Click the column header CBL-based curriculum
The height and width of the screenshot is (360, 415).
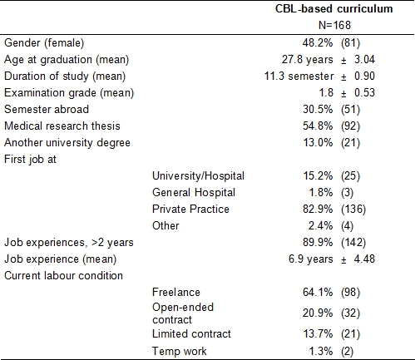point(333,9)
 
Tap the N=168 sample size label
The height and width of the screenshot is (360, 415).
point(334,25)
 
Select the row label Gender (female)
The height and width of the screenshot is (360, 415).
point(44,43)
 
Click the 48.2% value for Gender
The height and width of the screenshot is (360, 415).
point(318,42)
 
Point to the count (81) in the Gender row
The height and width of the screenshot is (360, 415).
point(350,43)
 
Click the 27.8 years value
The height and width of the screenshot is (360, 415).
point(308,60)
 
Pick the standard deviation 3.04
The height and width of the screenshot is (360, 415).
point(364,59)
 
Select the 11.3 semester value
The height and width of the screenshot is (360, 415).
point(299,76)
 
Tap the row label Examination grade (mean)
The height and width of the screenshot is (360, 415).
point(69,93)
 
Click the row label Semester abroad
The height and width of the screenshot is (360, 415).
point(47,109)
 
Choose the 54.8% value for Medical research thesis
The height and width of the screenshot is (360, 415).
point(318,126)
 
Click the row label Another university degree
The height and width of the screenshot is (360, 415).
point(67,143)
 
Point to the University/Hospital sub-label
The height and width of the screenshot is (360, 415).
point(198,176)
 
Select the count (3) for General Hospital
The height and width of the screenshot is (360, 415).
point(347,193)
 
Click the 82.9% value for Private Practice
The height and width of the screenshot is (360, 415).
point(318,209)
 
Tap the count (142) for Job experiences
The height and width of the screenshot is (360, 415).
point(353,243)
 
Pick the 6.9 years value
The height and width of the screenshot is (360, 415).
point(310,259)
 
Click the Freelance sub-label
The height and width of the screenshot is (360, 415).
point(176,292)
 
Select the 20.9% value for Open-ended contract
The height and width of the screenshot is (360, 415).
point(318,313)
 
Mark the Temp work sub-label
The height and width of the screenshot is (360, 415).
point(180,351)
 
